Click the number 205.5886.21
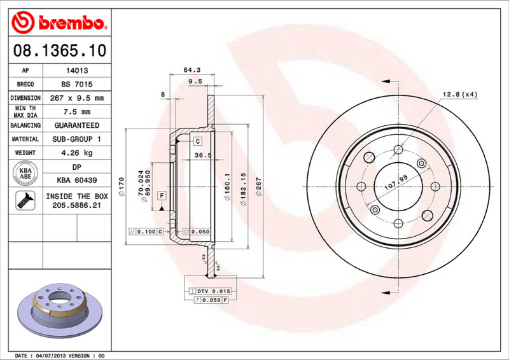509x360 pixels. click(77, 206)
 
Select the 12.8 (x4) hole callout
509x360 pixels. click(461, 95)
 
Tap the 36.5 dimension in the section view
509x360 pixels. click(202, 155)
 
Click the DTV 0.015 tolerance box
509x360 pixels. click(209, 291)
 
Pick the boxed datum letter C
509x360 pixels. click(198, 141)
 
